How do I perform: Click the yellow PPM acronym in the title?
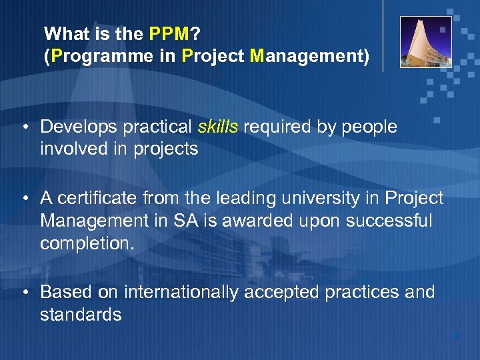pyautogui.click(x=169, y=33)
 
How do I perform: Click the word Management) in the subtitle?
pyautogui.click(x=309, y=56)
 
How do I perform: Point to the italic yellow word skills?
pyautogui.click(x=218, y=127)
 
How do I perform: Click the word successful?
pyautogui.click(x=388, y=220)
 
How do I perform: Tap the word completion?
pyautogui.click(x=87, y=243)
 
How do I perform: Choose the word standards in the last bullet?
pyautogui.click(x=81, y=315)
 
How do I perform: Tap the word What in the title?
pyautogui.click(x=65, y=33)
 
